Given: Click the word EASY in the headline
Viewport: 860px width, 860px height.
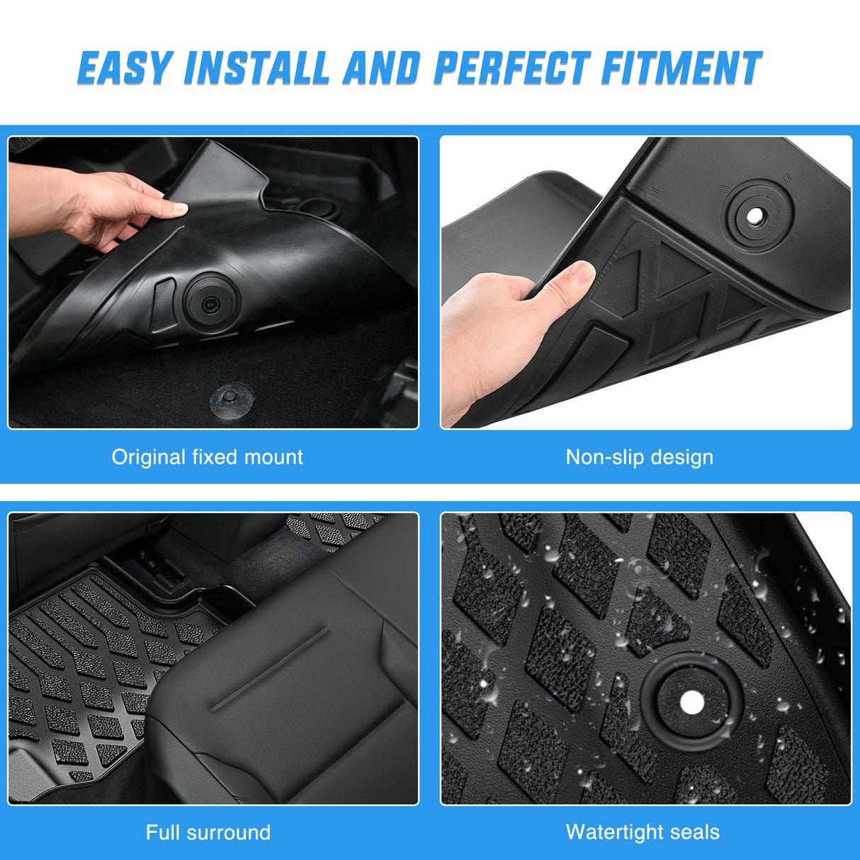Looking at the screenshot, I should click(x=125, y=69).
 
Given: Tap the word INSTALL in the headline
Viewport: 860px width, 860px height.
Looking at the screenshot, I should click(x=257, y=69).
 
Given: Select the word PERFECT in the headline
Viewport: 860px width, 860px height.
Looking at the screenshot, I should click(x=511, y=69).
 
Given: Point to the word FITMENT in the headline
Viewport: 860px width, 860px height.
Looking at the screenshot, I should click(x=681, y=69).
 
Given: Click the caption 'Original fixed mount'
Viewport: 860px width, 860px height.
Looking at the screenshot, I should click(x=207, y=457).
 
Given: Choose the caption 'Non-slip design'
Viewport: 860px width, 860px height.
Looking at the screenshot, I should click(x=639, y=457).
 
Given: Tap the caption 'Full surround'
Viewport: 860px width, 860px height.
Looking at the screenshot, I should click(x=208, y=832).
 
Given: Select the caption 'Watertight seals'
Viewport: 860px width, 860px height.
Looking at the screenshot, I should click(x=643, y=832).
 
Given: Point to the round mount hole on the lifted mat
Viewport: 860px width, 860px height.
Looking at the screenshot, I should click(x=209, y=302).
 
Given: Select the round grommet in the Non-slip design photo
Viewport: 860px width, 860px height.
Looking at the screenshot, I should click(x=756, y=215).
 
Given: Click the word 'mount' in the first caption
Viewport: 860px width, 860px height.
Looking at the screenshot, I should click(x=273, y=457).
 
